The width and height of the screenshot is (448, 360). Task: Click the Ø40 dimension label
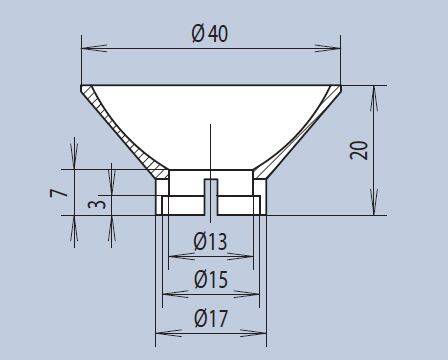[210, 34]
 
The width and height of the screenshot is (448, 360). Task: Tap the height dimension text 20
[359, 150]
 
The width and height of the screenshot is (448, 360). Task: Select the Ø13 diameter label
[210, 241]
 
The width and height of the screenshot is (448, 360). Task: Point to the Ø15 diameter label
[211, 279]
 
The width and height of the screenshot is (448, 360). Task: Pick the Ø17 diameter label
[211, 318]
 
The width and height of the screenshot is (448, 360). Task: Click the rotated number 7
[59, 193]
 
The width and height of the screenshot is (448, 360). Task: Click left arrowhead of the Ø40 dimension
[94, 48]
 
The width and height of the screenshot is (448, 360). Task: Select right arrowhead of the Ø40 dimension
[328, 48]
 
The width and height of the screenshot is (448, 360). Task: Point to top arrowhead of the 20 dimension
[374, 98]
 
